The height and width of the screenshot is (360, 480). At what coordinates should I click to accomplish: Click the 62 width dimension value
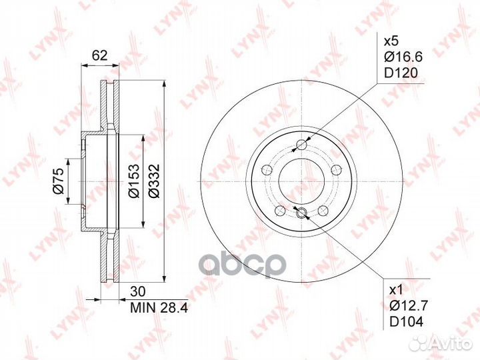(x=100, y=56)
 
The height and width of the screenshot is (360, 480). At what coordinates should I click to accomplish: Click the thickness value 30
(x=139, y=292)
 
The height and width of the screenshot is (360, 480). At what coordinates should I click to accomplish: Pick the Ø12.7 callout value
(x=404, y=307)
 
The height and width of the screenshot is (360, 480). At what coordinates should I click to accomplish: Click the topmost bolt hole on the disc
(x=302, y=145)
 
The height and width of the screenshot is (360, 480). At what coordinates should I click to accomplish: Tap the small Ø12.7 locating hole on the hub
(x=301, y=213)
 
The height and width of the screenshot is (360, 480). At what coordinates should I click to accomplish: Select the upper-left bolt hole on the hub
(x=268, y=169)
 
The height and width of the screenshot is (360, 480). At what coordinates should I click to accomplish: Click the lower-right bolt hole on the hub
(x=323, y=209)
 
